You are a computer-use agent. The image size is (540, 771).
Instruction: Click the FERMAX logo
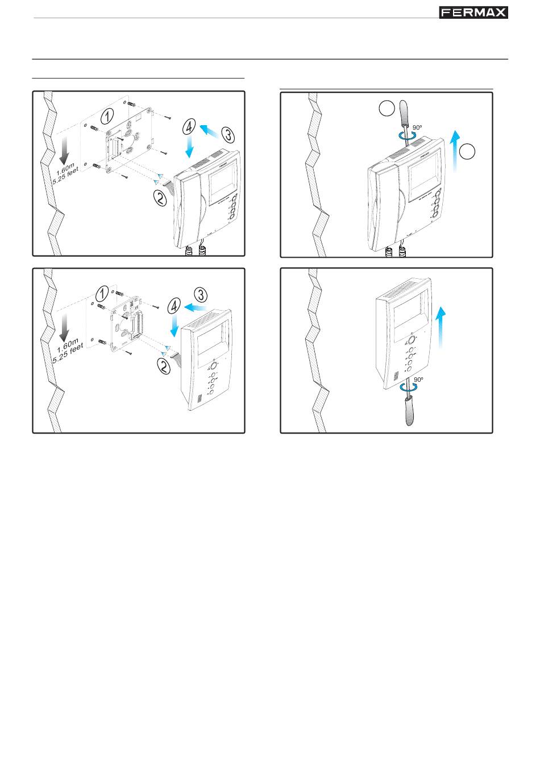473,13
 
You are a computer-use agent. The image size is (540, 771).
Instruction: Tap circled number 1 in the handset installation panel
107,116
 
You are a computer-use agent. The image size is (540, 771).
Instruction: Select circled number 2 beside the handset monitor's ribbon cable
160,198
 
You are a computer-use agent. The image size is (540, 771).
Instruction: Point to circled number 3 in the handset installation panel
228,135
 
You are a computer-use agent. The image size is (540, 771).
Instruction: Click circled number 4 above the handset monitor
189,126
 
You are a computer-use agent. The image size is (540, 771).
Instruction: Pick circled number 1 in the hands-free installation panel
102,294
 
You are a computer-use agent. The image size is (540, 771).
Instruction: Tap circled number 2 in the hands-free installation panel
163,366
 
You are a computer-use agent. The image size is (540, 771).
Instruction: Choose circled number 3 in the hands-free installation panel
201,295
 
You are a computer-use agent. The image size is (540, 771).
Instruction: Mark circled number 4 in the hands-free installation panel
175,306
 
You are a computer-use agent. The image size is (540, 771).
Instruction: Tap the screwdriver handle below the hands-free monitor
409,411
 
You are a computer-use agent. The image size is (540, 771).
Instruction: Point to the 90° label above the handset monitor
417,127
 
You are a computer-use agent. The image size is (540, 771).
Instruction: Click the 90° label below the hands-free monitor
418,380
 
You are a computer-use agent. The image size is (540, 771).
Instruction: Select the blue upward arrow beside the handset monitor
456,151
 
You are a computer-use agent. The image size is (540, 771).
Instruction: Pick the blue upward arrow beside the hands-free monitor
441,327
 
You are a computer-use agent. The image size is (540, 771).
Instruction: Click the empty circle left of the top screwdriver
387,108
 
